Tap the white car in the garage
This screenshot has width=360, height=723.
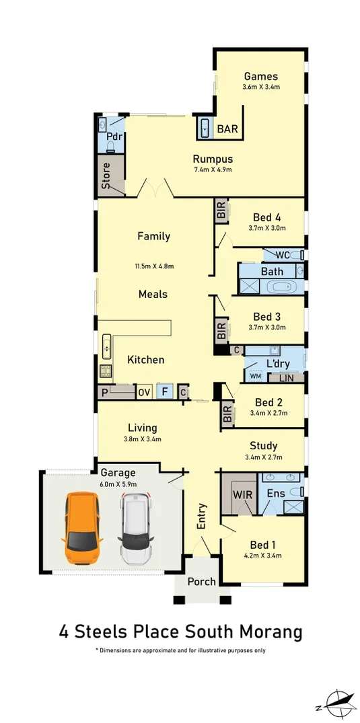[x=137, y=528]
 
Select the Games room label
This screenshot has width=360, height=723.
[x=261, y=76]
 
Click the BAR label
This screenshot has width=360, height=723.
[x=227, y=129]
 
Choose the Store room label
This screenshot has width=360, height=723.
[x=106, y=175]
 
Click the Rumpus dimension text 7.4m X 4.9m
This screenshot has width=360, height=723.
[x=213, y=169]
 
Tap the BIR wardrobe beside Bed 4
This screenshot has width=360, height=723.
[x=221, y=213]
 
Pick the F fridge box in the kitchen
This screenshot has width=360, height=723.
[x=164, y=391]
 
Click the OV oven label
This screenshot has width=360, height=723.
[x=144, y=392]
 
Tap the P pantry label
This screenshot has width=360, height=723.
[x=104, y=392]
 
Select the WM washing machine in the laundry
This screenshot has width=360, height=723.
[x=255, y=376]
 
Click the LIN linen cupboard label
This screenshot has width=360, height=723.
[x=286, y=378]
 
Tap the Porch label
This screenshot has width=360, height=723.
[x=201, y=581]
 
